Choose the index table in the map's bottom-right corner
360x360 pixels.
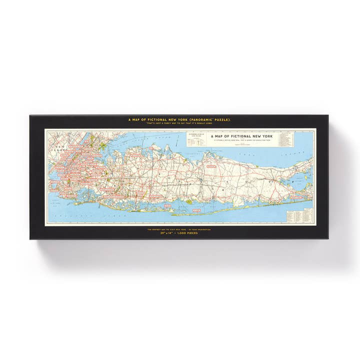click(x=299, y=216)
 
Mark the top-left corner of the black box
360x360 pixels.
click(x=30, y=115)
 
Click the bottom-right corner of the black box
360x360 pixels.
click(x=328, y=238)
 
